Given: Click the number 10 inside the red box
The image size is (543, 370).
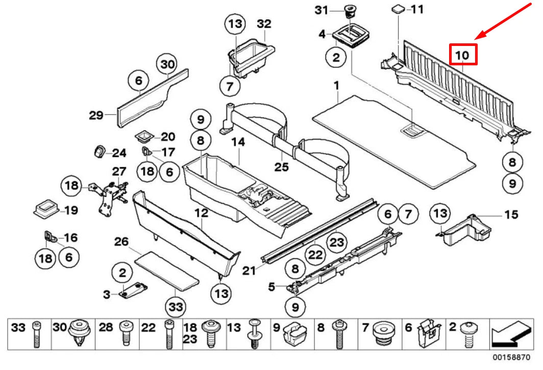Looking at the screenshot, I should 462,54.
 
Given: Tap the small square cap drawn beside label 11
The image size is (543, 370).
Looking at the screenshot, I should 398,9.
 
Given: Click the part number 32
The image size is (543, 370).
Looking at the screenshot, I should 264,24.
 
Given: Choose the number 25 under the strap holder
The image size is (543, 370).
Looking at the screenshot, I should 281,167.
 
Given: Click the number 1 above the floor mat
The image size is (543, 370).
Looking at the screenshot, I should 336,84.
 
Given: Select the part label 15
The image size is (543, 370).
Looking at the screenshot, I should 511,214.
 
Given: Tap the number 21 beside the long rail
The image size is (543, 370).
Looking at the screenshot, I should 249,270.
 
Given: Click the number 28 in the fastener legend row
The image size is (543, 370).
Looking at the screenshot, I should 105,328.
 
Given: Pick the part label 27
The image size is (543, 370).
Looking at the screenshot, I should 118,171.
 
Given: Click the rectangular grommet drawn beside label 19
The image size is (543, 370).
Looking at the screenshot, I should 45,209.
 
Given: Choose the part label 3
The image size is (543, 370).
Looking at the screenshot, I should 107,294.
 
